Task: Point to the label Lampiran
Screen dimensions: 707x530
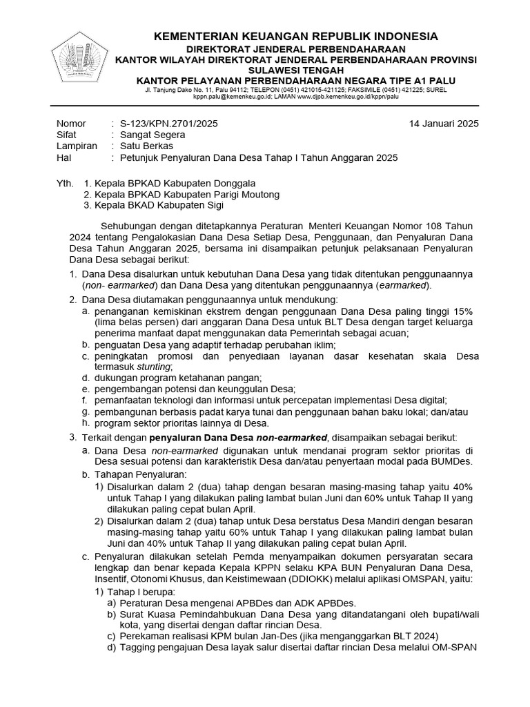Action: (x=76, y=146)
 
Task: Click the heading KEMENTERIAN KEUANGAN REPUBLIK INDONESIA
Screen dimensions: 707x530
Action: (x=295, y=36)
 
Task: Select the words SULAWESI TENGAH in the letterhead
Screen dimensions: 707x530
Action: (x=296, y=70)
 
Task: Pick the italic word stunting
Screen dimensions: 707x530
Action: (x=151, y=367)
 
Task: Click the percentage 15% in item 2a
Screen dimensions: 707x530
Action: (x=464, y=311)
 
